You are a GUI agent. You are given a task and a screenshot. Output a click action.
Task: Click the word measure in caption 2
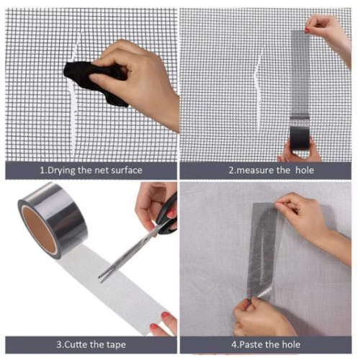click(253, 170)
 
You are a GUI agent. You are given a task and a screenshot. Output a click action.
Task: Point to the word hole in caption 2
click(305, 170)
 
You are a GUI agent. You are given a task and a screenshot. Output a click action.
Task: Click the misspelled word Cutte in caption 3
click(63, 343)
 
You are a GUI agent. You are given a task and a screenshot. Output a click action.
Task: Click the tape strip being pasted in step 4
click(263, 248)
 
